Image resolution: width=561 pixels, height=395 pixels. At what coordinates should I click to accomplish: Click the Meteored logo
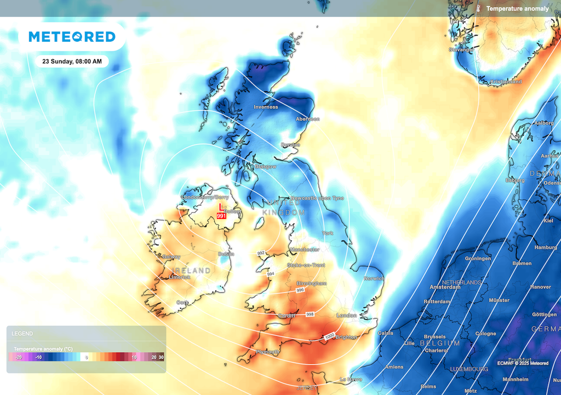72,37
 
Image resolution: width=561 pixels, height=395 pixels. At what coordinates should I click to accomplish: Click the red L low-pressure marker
221,207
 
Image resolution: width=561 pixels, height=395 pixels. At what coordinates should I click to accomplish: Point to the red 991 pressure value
221,216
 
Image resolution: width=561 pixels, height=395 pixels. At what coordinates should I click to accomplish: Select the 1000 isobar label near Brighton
329,336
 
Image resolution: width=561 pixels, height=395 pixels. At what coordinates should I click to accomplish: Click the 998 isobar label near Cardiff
310,314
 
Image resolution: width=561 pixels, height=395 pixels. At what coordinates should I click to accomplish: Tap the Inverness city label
266,107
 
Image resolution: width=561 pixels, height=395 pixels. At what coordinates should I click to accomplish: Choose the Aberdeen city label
307,119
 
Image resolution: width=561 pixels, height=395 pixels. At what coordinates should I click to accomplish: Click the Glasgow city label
266,166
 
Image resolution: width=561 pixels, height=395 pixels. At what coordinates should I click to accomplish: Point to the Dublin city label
226,254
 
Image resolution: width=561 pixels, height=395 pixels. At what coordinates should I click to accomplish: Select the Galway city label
171,257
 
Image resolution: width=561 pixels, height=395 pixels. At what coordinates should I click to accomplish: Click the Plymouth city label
268,352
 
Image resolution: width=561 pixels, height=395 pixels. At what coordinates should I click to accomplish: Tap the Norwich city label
374,278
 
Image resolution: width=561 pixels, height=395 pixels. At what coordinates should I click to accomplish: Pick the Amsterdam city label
445,287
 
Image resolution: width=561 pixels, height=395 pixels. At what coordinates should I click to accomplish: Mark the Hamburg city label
546,247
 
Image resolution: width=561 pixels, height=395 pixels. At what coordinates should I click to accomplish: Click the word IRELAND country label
191,270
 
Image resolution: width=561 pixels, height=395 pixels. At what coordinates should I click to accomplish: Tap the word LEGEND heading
22,333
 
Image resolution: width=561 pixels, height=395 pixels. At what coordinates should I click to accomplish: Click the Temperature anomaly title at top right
517,9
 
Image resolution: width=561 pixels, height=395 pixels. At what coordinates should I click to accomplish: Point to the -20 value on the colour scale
18,357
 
